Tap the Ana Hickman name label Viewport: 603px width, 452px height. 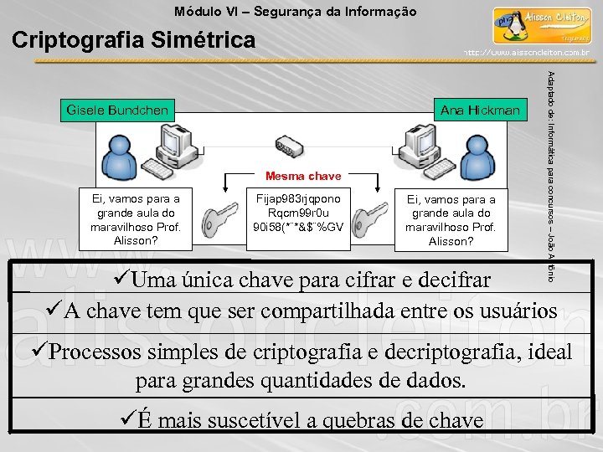(x=480, y=110)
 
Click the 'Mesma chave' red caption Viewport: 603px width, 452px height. (x=303, y=176)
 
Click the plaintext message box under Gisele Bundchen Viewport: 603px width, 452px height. (x=141, y=218)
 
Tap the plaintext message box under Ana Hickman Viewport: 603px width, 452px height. (x=451, y=220)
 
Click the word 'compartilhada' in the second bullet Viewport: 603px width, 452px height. (x=342, y=311)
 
